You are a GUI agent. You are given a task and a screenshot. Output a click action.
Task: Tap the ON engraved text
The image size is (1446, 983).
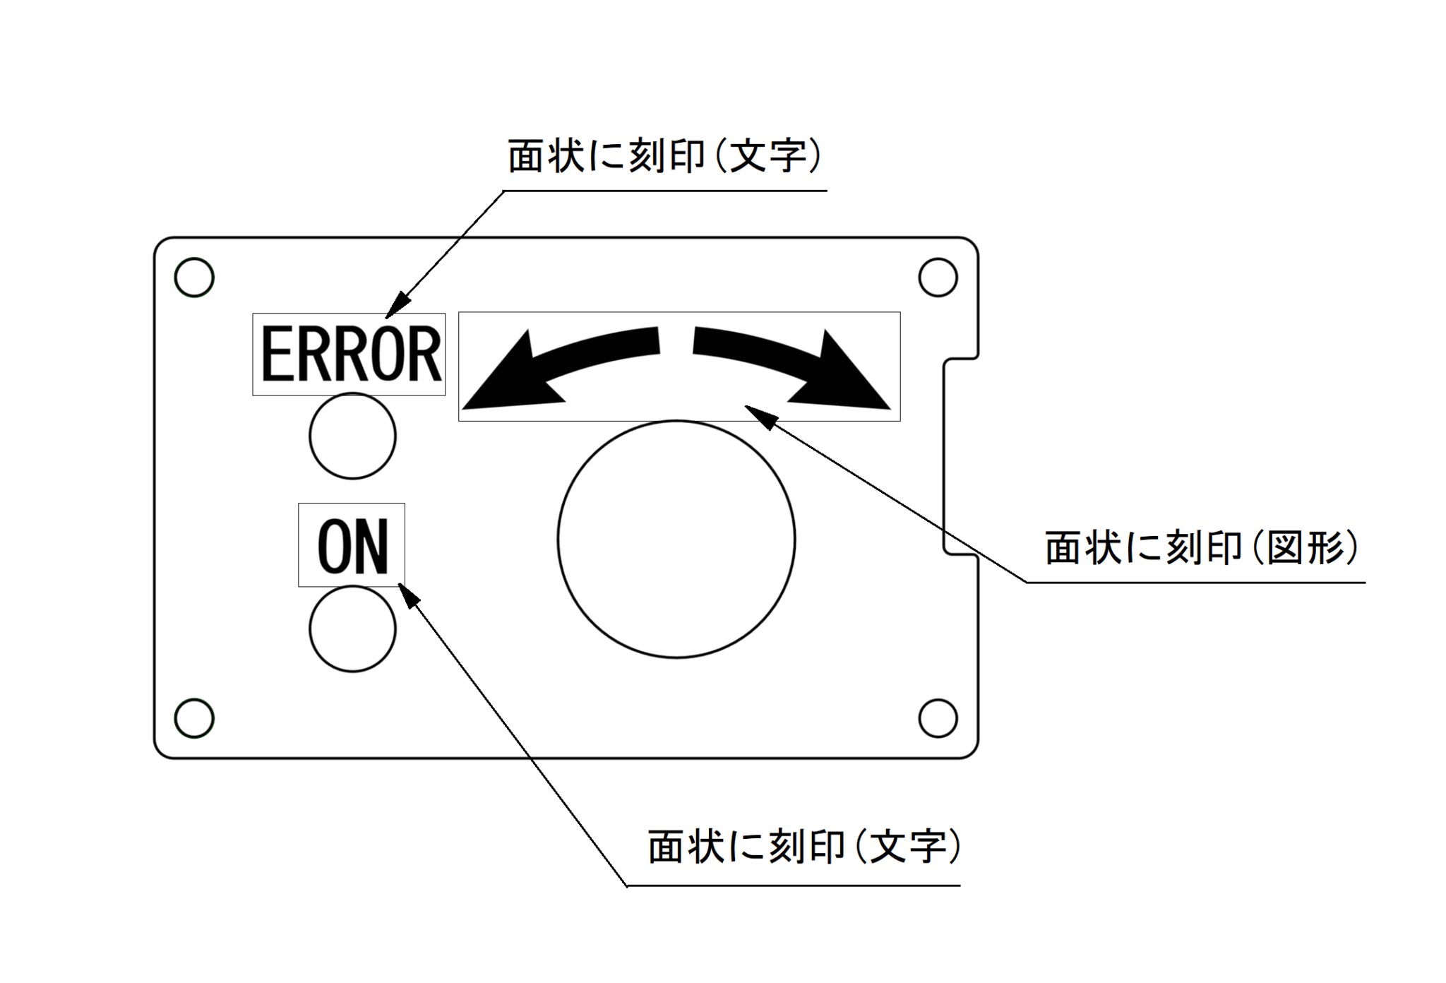352,545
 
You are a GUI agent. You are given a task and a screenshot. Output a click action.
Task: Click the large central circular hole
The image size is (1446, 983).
676,540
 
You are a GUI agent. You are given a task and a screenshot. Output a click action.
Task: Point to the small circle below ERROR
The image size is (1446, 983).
352,436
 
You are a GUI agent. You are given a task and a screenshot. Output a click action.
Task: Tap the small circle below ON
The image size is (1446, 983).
352,628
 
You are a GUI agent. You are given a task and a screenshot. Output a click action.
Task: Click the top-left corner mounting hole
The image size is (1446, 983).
194,277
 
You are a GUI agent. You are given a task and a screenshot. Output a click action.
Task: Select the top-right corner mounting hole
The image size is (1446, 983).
938,277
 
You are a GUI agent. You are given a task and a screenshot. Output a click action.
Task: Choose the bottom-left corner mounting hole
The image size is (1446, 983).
194,718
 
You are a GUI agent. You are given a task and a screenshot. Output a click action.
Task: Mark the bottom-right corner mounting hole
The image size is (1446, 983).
938,718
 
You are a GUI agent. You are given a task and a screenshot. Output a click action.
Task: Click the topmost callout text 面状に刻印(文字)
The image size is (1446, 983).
664,156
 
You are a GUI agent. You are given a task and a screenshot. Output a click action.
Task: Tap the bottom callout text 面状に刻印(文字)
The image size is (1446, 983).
804,846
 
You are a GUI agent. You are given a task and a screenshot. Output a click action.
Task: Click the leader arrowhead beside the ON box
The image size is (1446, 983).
409,595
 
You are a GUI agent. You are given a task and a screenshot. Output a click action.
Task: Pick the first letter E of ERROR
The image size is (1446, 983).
277,355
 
